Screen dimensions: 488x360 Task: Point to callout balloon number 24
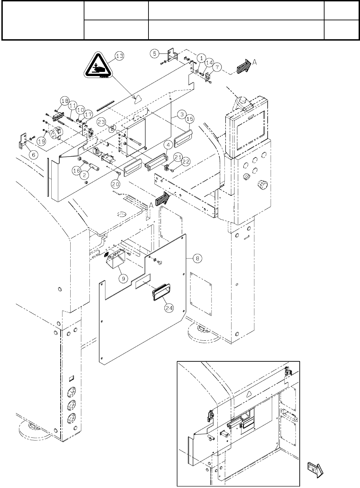coord(169,308)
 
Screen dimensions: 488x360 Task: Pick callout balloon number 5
coord(155,53)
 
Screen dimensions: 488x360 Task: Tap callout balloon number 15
coord(190,119)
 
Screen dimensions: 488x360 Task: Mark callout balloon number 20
coord(115,184)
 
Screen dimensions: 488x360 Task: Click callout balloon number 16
coord(77,170)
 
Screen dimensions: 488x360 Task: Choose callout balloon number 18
coord(64,101)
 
